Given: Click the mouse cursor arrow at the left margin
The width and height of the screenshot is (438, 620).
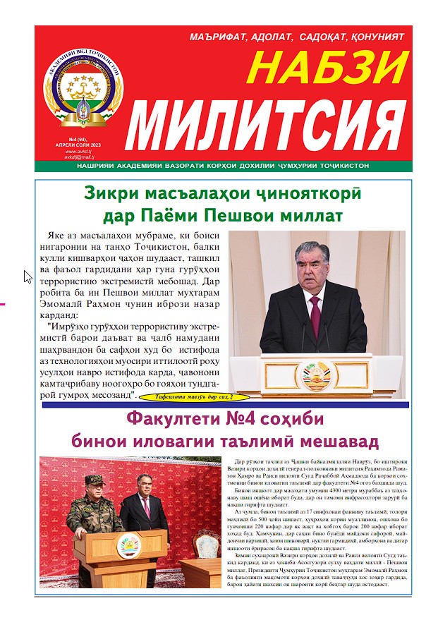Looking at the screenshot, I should tap(27, 276).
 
